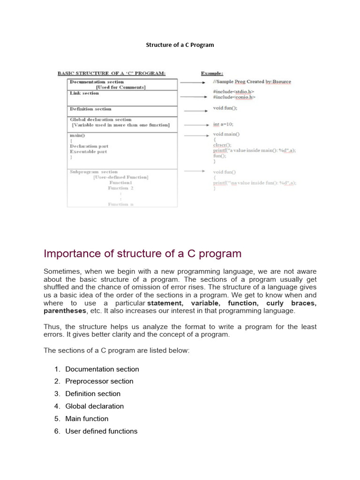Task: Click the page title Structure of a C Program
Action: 180,45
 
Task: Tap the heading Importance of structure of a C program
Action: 142,254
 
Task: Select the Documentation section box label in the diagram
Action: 97,82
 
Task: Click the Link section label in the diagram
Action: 84,93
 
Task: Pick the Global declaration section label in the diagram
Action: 101,120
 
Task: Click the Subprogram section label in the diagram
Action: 94,172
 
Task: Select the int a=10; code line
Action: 223,124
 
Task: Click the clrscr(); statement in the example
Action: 222,145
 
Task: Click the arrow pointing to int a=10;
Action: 195,125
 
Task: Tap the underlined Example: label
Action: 212,74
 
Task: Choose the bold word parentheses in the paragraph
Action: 65,311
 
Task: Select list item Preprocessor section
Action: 99,381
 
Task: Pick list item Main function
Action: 87,419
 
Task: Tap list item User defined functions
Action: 101,431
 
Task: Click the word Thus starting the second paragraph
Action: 52,327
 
